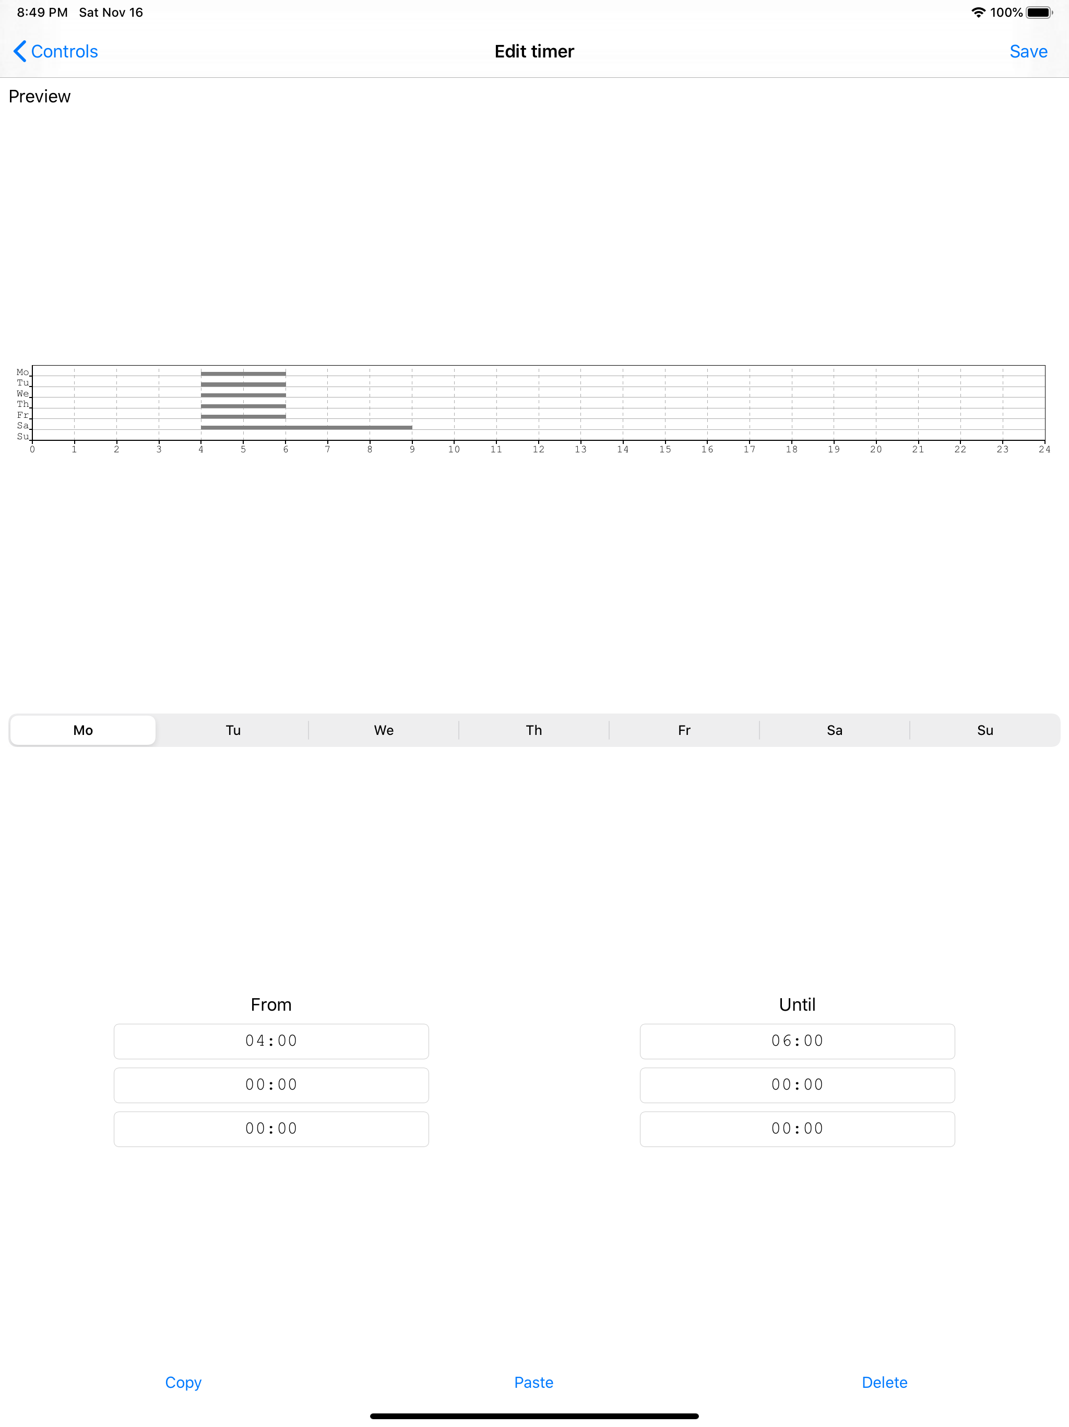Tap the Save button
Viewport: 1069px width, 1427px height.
(1028, 52)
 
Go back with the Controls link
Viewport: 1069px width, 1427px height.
(55, 52)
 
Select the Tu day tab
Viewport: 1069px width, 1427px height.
(233, 730)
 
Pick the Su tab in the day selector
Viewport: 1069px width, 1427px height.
(984, 730)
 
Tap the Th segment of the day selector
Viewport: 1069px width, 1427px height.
(534, 730)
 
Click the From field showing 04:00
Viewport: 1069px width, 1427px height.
(271, 1041)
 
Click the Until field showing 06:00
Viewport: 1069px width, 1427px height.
(798, 1041)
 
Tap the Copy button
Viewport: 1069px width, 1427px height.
(183, 1383)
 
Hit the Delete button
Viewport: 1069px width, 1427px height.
(885, 1383)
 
